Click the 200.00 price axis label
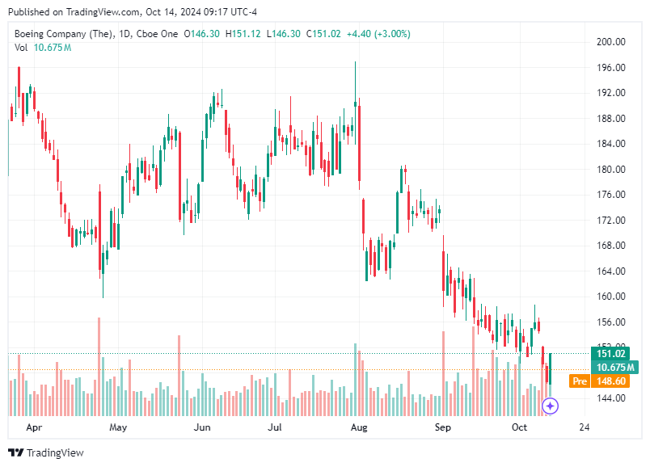tap(611, 42)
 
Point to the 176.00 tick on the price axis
tap(611, 195)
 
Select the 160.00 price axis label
tap(611, 297)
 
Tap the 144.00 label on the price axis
tap(611, 398)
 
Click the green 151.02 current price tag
tap(611, 353)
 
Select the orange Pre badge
tap(579, 381)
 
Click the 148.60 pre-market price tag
tap(611, 381)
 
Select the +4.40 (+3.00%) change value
tap(378, 34)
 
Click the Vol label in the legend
tap(21, 48)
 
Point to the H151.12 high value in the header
tap(243, 34)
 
